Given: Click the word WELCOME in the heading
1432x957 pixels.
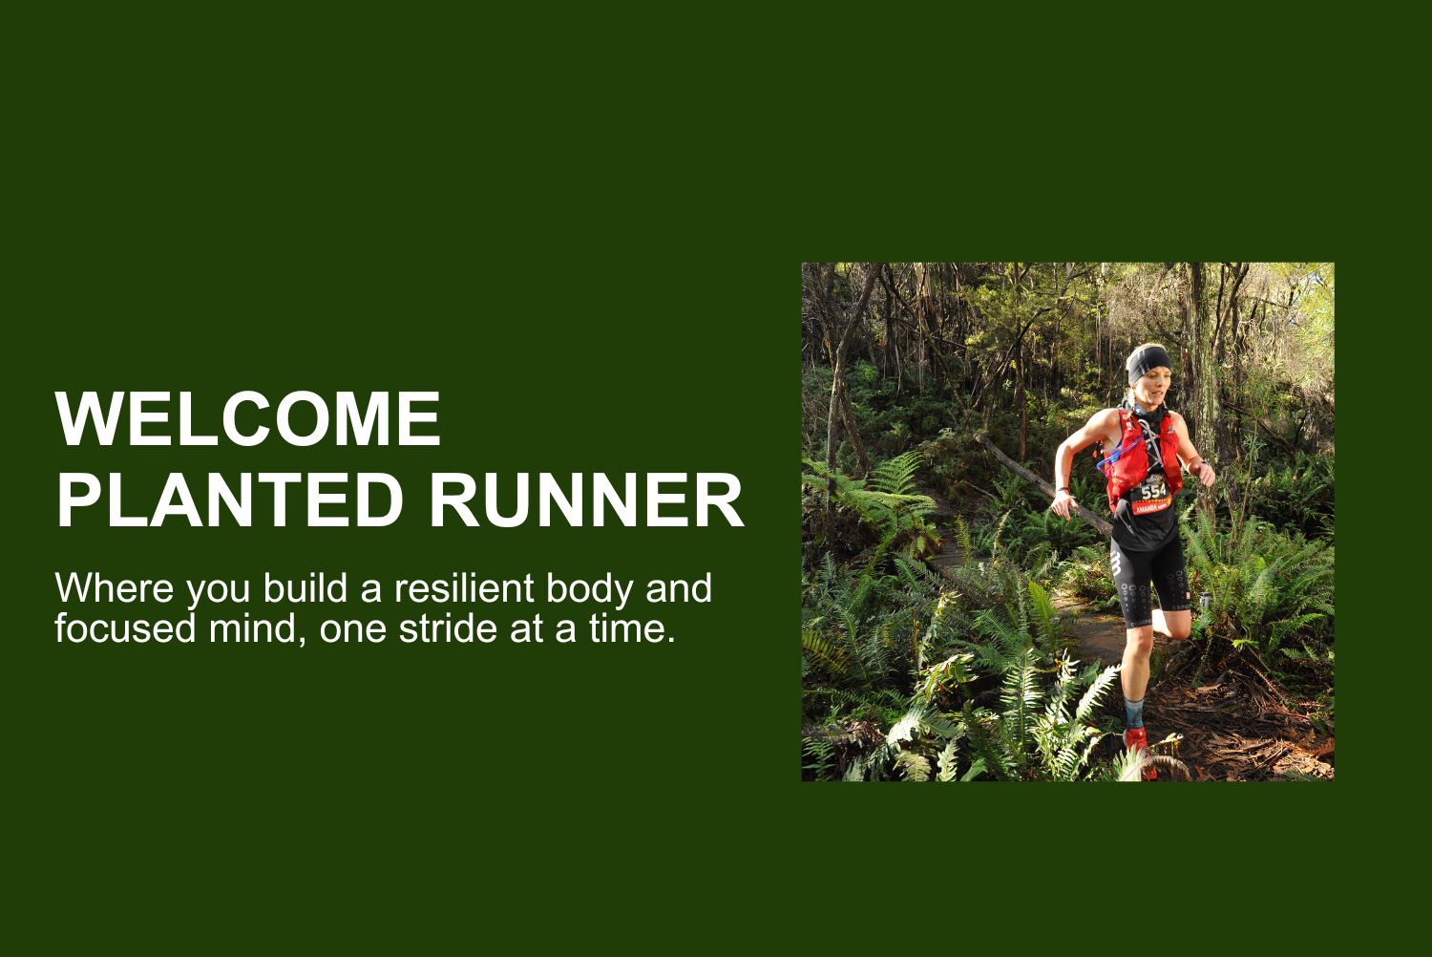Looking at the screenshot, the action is click(248, 419).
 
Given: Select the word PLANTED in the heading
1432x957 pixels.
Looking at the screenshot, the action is click(229, 500).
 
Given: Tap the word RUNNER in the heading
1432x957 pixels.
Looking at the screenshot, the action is click(587, 500).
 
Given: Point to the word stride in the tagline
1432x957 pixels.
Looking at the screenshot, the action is click(448, 628).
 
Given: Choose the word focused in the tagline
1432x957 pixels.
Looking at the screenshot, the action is click(125, 628).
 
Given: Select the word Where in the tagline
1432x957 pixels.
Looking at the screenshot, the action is click(115, 587).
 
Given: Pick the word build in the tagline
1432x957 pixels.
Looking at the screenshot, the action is click(305, 587).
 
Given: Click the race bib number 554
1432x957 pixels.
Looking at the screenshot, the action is click(1154, 491).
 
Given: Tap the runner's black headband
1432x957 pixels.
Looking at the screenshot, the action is click(1148, 364).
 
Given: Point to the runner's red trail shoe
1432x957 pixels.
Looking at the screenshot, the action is click(1140, 753).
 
